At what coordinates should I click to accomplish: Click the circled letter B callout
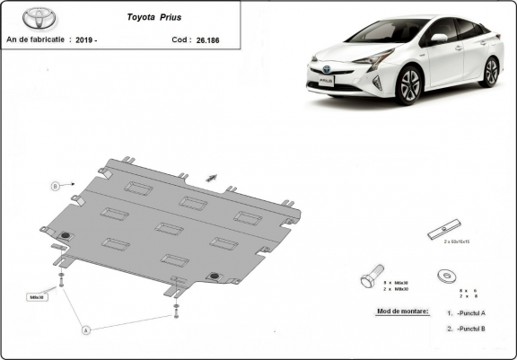pos(55,186)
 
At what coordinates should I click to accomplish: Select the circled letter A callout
pos(87,330)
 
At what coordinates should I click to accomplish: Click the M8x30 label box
pos(38,295)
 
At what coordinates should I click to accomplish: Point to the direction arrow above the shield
pos(213,176)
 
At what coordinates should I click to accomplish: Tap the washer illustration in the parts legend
pos(444,276)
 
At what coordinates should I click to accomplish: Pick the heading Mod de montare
pos(398,311)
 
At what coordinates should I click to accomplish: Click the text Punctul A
pos(470,312)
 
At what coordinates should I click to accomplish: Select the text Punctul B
pos(470,329)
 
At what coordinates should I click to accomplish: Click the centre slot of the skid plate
pos(170,228)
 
